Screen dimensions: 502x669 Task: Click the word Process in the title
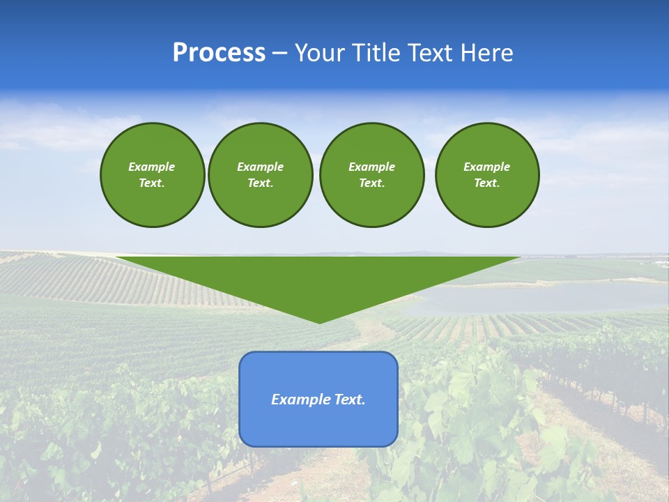coord(219,53)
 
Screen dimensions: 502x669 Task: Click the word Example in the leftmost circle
coord(152,167)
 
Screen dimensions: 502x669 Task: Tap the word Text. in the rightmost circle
coord(486,183)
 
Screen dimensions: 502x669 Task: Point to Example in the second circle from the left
coord(260,167)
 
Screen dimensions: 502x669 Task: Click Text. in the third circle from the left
coord(371,183)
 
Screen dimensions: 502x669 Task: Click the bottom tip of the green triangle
coord(319,321)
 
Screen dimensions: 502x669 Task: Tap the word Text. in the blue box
coord(350,400)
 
